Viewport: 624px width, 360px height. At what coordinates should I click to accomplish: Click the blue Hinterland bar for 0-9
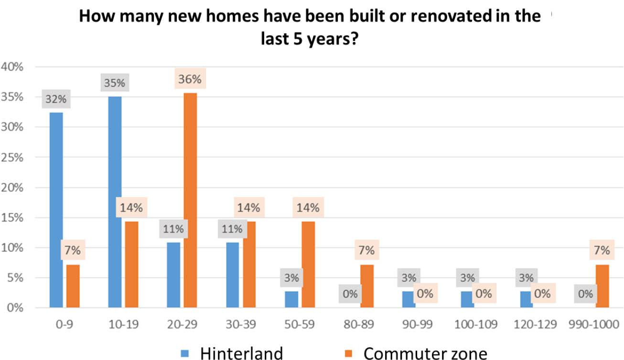56,210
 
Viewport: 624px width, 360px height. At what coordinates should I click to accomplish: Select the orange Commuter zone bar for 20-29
190,201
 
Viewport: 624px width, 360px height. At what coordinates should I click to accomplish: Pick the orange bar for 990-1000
602,286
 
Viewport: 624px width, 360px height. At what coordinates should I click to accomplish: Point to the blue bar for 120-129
526,299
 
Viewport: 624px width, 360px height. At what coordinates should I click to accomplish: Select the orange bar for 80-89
367,286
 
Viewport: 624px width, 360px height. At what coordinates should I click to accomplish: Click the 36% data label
190,79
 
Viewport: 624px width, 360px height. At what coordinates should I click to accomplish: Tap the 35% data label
115,83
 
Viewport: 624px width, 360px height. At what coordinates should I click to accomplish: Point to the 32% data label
56,100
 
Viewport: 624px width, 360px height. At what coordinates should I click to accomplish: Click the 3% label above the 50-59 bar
291,277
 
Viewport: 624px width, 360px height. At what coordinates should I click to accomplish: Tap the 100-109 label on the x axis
475,325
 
